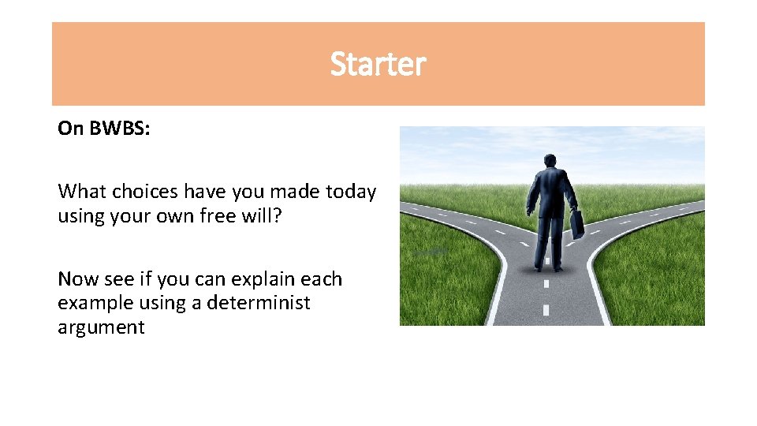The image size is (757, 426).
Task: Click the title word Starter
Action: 378,64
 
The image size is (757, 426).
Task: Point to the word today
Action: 351,192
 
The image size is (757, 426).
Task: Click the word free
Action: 229,215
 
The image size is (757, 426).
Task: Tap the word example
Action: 93,303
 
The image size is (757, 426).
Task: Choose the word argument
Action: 101,327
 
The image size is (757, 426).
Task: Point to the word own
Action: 187,215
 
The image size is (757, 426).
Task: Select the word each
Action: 323,279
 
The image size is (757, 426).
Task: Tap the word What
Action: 81,192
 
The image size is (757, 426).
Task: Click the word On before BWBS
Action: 70,129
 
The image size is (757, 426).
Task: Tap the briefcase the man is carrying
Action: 577,224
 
